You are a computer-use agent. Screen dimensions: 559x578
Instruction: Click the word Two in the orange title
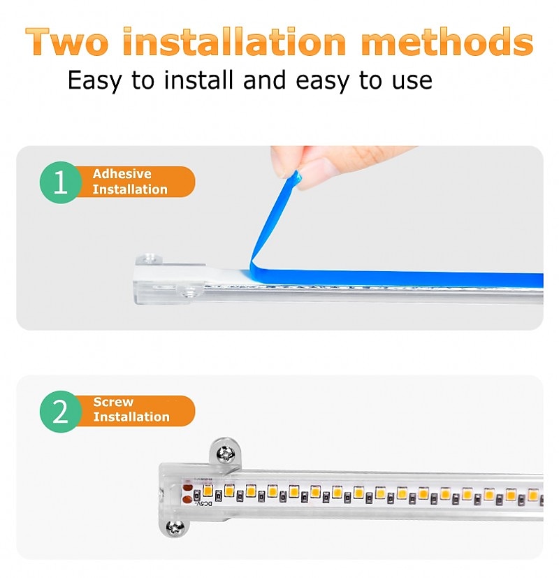tap(68, 42)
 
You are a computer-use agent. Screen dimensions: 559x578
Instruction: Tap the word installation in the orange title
tap(234, 41)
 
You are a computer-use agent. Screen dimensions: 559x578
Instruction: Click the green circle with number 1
tap(60, 182)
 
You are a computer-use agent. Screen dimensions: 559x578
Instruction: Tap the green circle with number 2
tap(60, 411)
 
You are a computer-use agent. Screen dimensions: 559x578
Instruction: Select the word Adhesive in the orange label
tap(122, 173)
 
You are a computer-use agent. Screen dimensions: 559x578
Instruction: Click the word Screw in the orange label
tap(113, 402)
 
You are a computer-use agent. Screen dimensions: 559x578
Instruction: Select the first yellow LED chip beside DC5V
tap(208, 491)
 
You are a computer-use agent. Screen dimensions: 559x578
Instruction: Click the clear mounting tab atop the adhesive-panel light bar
tap(149, 259)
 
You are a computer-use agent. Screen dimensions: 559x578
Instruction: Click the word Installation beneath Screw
tap(131, 417)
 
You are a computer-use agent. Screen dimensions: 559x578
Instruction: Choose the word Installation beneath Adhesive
tap(130, 189)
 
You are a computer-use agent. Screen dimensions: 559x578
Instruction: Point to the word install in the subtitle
tap(198, 80)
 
